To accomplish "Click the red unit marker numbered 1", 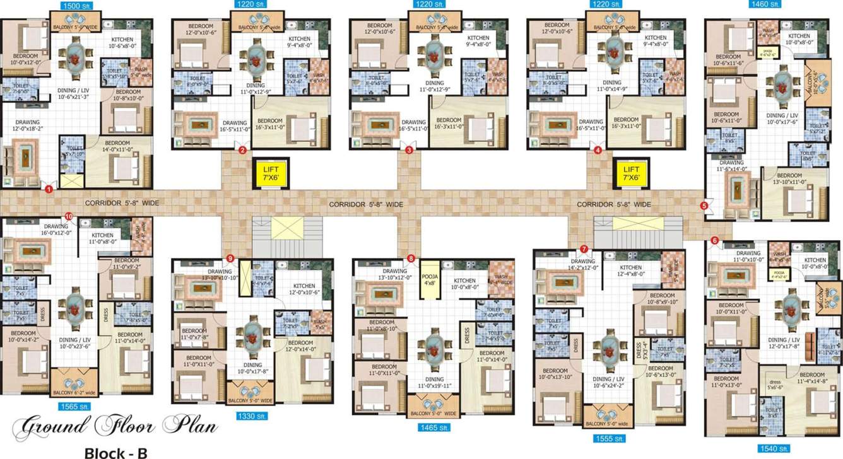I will point(48,187).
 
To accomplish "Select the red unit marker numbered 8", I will point(411,258).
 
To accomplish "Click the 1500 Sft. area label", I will point(76,5).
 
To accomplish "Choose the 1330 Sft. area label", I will point(252,415).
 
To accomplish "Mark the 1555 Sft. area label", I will point(608,438).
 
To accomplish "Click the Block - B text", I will point(115,451).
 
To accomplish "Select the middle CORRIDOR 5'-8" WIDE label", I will point(366,205).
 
